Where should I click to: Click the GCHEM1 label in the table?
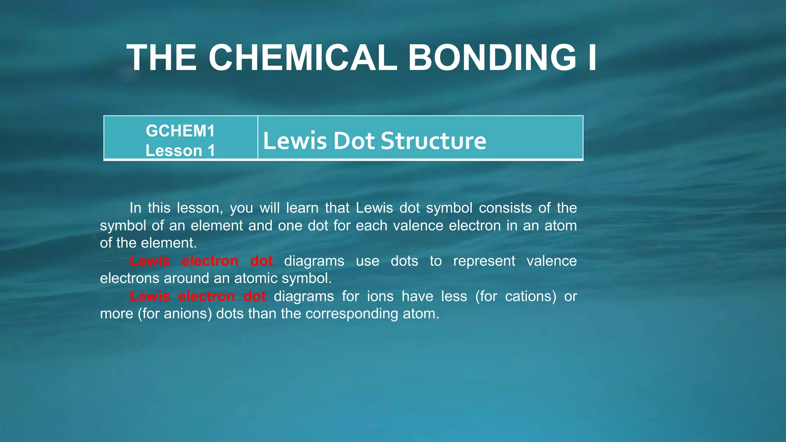pos(180,131)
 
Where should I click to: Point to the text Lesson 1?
pos(180,150)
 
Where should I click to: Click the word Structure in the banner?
pos(433,140)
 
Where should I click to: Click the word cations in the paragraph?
pos(530,296)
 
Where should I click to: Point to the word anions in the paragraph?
pos(188,314)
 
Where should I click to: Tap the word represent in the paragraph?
pos(484,261)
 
